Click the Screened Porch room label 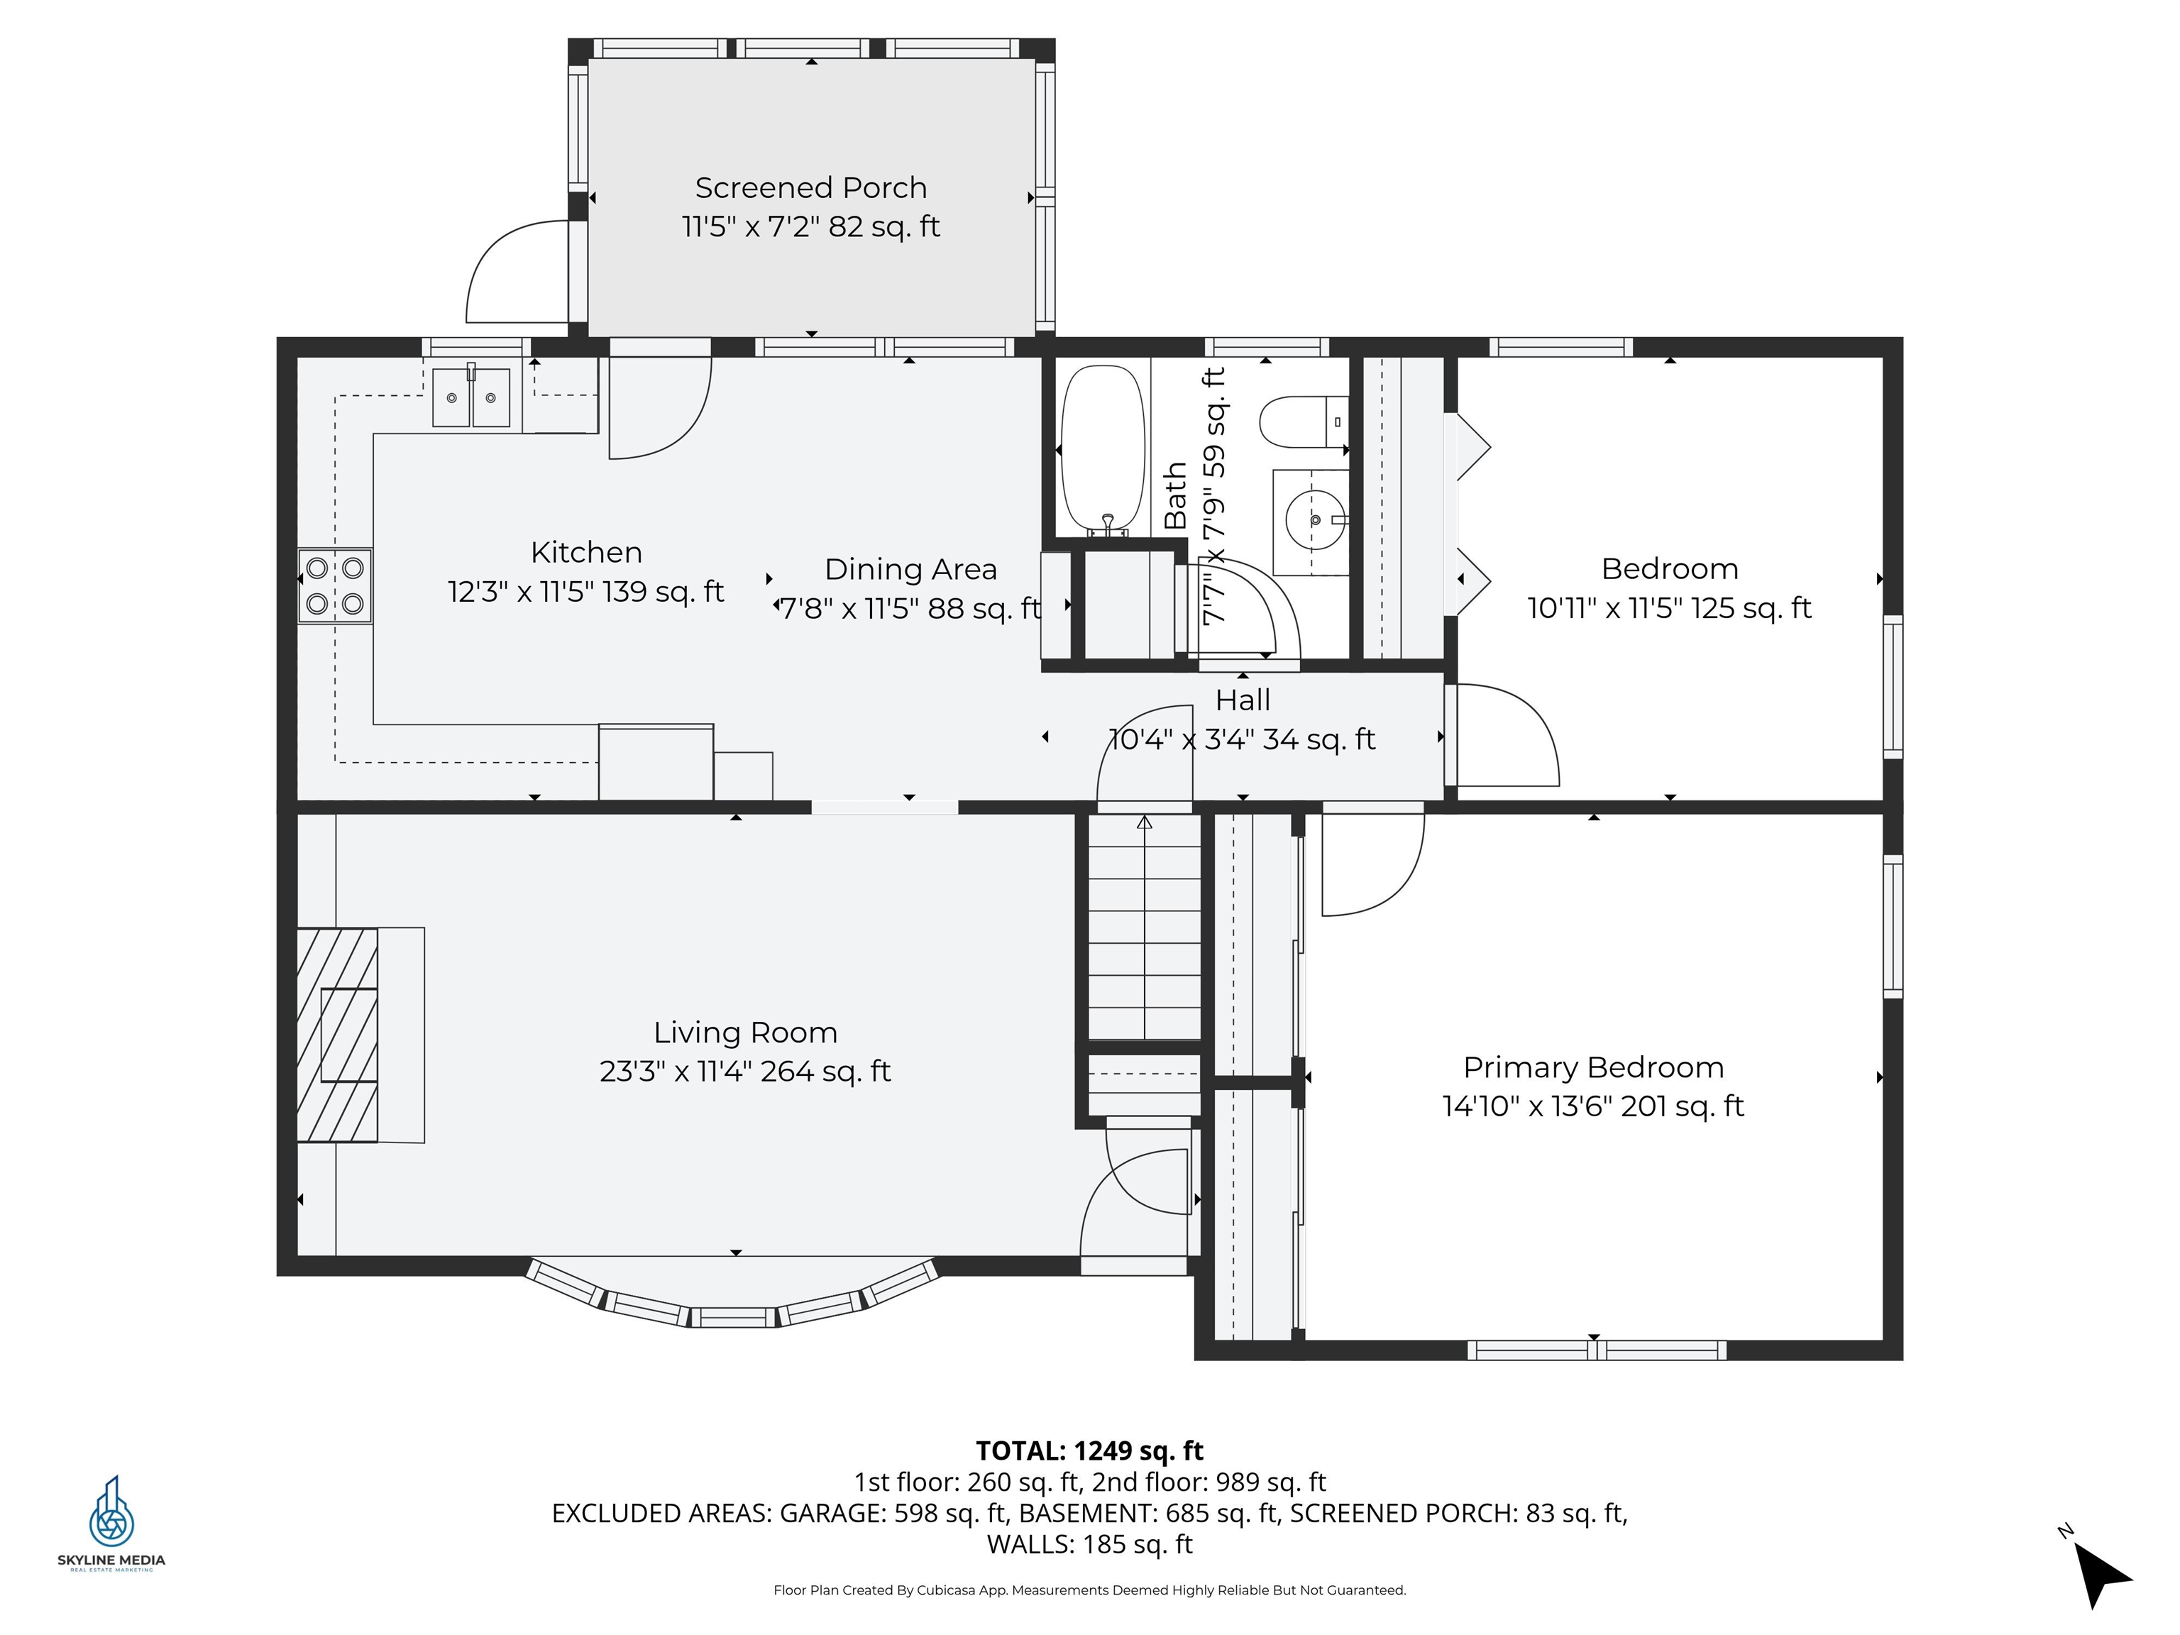tap(810, 187)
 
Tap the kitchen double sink tap(471, 397)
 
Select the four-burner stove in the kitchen tap(335, 585)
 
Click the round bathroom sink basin tap(1315, 520)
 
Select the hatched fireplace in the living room tap(337, 1035)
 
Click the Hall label tap(1242, 700)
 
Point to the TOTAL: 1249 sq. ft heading tap(1089, 1450)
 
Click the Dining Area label tap(910, 570)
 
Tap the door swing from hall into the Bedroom tap(1506, 735)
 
